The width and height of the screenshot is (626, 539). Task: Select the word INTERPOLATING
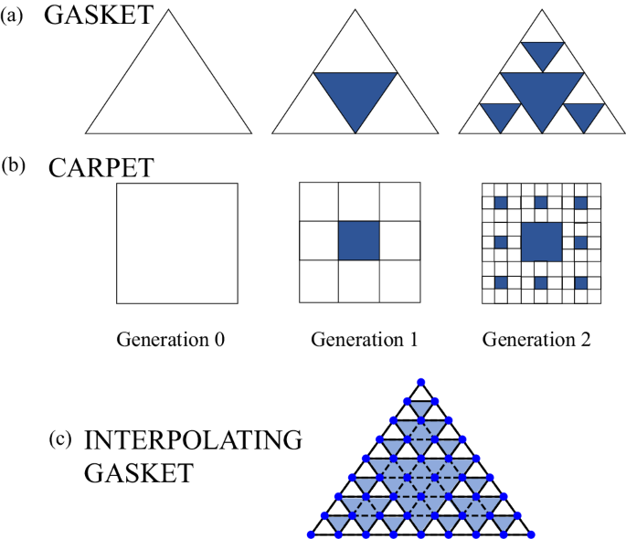click(193, 441)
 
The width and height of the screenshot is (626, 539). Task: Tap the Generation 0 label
click(171, 341)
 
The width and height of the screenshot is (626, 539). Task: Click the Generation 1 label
click(365, 341)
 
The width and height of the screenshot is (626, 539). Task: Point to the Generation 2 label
click(538, 341)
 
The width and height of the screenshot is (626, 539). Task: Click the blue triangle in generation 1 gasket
click(356, 94)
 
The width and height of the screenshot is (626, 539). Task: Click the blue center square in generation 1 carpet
click(358, 241)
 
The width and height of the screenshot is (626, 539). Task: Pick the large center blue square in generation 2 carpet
click(542, 242)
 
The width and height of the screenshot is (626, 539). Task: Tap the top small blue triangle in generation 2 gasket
click(543, 53)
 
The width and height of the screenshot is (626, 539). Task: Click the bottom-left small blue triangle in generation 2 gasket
click(500, 114)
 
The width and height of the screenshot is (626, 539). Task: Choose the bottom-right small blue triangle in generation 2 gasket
click(585, 114)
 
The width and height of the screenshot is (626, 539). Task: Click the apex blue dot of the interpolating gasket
click(420, 380)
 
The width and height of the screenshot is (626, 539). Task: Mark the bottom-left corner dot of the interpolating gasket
click(310, 534)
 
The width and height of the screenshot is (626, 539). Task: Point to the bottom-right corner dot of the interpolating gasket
click(532, 534)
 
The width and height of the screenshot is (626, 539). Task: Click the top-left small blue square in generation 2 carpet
click(500, 201)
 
